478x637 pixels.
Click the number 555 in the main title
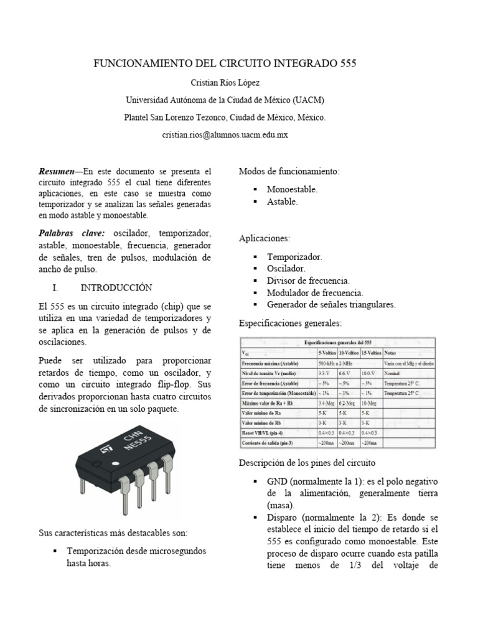[347, 64]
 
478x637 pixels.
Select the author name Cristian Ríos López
[225, 83]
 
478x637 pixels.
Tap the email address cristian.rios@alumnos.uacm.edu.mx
[225, 134]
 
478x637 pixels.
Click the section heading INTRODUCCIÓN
[116, 288]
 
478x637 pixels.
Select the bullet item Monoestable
[292, 189]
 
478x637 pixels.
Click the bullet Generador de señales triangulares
[331, 304]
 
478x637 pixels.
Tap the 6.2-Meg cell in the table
[347, 403]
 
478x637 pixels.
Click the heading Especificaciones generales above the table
[290, 324]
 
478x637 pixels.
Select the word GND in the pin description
[278, 481]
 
